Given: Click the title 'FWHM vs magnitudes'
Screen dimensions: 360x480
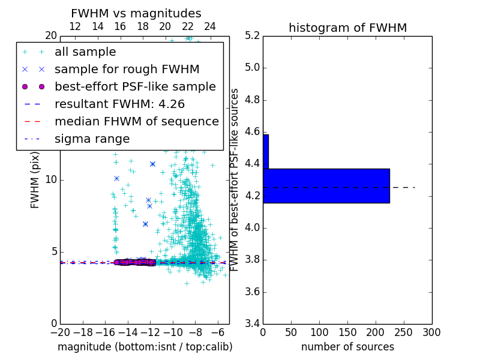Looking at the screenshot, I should click(x=136, y=14).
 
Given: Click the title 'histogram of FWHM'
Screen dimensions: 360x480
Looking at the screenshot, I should click(x=347, y=28).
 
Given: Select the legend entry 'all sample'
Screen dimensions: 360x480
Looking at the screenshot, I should click(x=85, y=52).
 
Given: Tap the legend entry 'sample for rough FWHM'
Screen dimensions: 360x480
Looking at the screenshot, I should click(x=127, y=70).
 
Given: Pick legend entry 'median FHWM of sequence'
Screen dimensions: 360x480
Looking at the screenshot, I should click(x=136, y=122).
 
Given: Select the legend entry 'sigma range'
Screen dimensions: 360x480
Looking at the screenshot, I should click(x=92, y=139).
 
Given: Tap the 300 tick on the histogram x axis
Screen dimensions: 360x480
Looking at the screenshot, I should click(x=432, y=332).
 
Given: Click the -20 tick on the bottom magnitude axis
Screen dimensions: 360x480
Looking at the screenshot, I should click(x=60, y=332).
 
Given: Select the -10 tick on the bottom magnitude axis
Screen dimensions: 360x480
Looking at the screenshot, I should click(x=173, y=332).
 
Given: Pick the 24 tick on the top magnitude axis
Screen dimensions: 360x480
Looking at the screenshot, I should click(x=210, y=26).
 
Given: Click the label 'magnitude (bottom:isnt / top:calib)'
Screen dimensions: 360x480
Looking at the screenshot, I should click(x=145, y=347).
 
